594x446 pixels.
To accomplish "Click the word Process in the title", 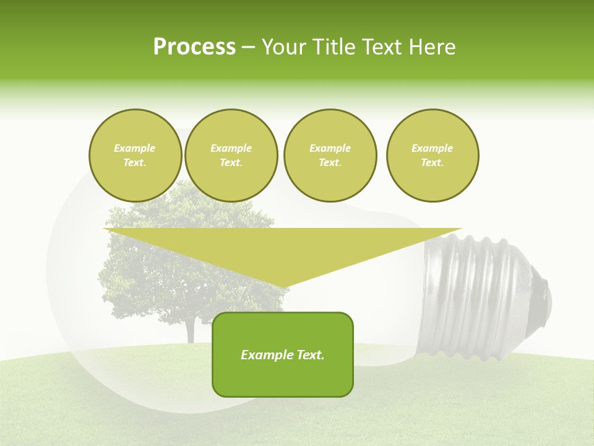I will pyautogui.click(x=194, y=47).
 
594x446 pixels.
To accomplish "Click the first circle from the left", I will pyautogui.click(x=135, y=155).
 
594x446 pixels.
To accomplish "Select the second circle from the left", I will pyautogui.click(x=231, y=155).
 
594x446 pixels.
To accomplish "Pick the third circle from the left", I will pyautogui.click(x=330, y=155).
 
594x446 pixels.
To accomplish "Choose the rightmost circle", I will pyautogui.click(x=432, y=155).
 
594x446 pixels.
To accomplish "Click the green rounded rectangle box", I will pyautogui.click(x=283, y=378).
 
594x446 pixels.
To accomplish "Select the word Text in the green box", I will pyautogui.click(x=309, y=355).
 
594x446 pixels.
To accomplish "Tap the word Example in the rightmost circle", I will pyautogui.click(x=432, y=148).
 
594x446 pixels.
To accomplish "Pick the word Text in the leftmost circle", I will pyautogui.click(x=135, y=163).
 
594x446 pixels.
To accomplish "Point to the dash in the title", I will pyautogui.click(x=248, y=47).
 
